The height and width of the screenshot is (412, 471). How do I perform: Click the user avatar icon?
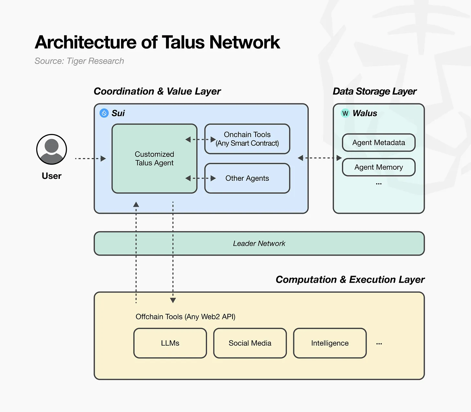pos(51,149)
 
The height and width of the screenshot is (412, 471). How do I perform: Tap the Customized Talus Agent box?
pos(154,158)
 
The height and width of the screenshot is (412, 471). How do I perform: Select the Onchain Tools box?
pos(247,139)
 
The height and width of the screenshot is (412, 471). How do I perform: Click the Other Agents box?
pos(247,178)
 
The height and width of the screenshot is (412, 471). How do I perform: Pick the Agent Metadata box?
pos(378,143)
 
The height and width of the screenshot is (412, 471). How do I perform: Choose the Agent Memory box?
pos(378,167)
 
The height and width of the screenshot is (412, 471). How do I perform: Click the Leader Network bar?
pos(259,244)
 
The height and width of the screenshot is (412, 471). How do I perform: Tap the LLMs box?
pos(170,343)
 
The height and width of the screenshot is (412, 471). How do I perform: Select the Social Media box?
pos(250,343)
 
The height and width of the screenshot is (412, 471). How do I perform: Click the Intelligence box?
pos(330,343)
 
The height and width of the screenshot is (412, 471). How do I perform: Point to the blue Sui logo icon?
pos(104,113)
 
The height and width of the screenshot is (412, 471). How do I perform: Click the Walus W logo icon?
pos(345,113)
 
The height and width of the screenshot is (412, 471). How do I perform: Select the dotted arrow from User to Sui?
pos(90,158)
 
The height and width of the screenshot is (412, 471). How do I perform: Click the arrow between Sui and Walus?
pos(320,158)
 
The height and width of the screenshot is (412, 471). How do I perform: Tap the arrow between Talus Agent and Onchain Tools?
pos(201,140)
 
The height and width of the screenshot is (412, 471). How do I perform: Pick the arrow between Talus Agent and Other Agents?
pos(201,178)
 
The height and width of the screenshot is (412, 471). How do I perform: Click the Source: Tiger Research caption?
pos(79,61)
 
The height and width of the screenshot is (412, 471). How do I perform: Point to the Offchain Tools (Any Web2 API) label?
pos(185,317)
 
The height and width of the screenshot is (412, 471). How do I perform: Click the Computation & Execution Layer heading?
pos(350,280)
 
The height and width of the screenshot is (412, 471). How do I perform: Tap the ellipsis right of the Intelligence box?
pos(379,344)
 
